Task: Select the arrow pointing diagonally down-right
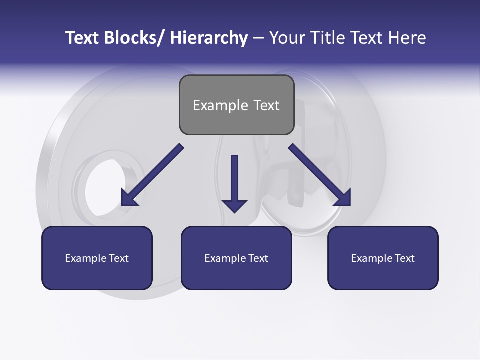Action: [x=319, y=175]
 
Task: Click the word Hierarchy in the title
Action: [x=208, y=38]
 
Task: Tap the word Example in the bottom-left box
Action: [x=86, y=258]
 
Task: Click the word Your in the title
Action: [x=286, y=38]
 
